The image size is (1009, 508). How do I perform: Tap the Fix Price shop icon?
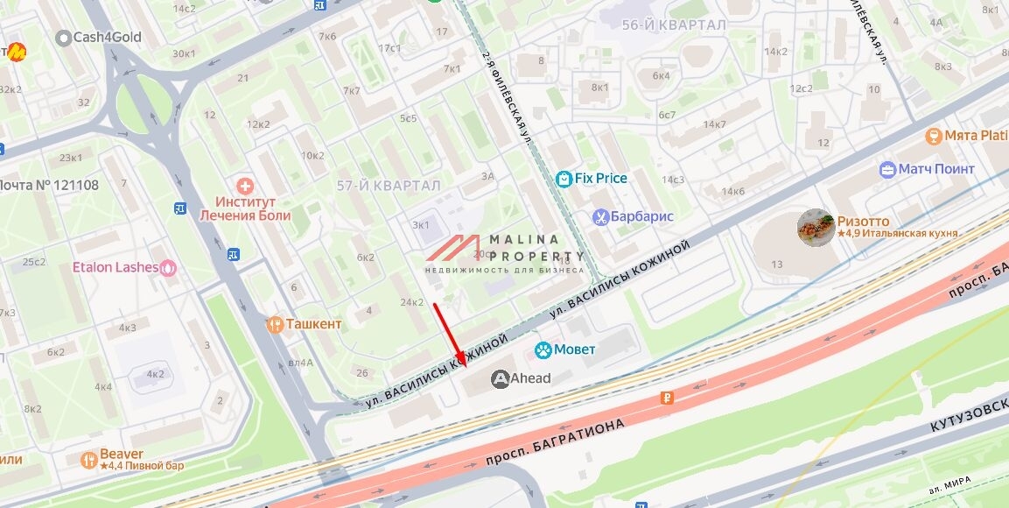[x=564, y=179]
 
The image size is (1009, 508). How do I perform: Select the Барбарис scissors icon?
[x=600, y=217]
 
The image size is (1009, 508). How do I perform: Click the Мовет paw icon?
[x=543, y=349]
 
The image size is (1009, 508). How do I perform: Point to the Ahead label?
[x=531, y=378]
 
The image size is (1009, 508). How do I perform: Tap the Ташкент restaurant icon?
[x=276, y=324]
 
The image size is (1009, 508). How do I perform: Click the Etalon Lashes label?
[x=115, y=267]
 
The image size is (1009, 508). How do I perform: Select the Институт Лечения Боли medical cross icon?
[x=246, y=186]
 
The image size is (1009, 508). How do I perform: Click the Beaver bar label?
[x=122, y=454]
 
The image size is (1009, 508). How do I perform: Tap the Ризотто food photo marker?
[x=815, y=228]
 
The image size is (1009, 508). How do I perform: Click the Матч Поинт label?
[x=935, y=169]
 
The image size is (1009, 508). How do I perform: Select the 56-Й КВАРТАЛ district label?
[x=674, y=25]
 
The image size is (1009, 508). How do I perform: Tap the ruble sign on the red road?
[x=668, y=399]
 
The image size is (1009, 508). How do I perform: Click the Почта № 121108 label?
[x=49, y=185]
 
